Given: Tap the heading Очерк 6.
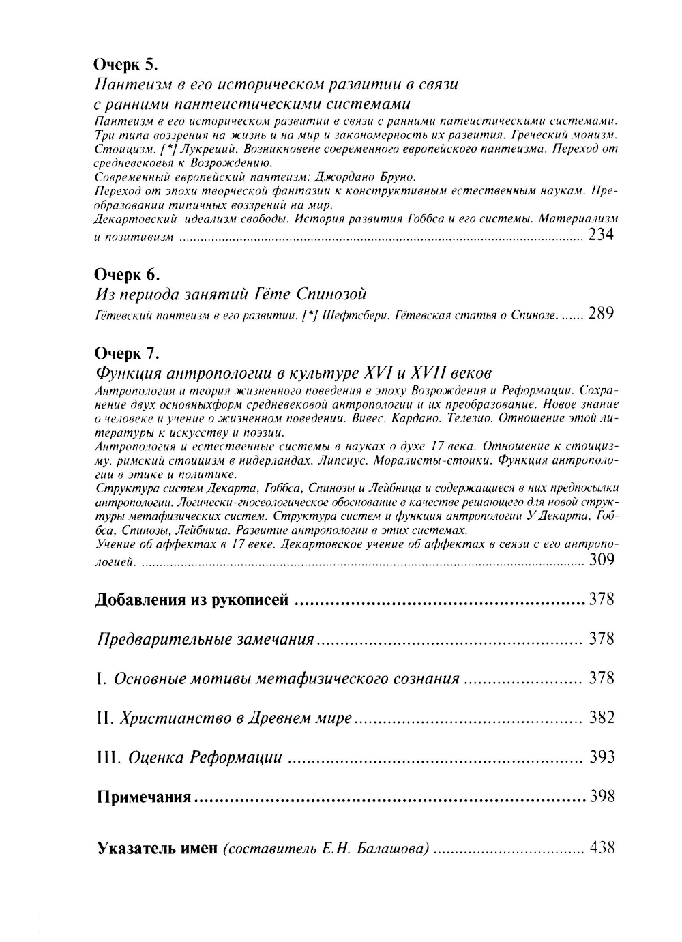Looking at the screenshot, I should coord(126,274).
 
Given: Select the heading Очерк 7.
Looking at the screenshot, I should coord(126,353).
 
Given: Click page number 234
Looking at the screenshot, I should coord(600,235).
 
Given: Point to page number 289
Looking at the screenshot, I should coord(601,314).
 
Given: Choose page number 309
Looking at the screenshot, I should coord(601,561).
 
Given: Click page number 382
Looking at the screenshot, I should coord(602,718).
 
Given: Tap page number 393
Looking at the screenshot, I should coord(602,757).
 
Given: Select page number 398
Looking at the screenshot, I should coord(602,797).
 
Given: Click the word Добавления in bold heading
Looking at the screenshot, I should coord(138,600).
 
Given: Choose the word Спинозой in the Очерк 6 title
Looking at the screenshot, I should coord(332,295).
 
